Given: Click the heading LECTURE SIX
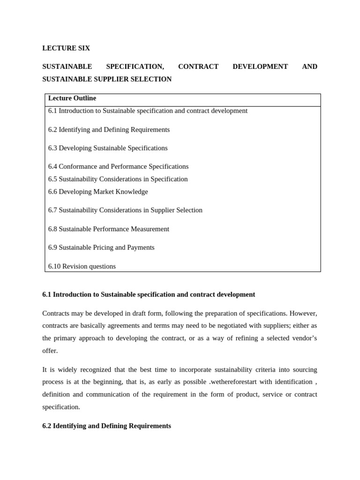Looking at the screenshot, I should [x=66, y=48].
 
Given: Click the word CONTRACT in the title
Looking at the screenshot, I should [x=198, y=67].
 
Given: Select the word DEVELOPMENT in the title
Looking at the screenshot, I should [x=260, y=67].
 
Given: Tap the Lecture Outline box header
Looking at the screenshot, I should [x=72, y=98].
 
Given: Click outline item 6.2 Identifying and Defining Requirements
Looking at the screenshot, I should [x=109, y=129].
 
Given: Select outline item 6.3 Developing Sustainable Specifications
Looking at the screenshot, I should [x=108, y=148].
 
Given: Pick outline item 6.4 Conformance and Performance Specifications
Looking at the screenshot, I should [x=118, y=166].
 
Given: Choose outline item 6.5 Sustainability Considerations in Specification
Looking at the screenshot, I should [x=118, y=179].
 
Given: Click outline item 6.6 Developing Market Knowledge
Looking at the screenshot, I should [x=98, y=192].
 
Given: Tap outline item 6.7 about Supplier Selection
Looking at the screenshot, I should [x=125, y=210].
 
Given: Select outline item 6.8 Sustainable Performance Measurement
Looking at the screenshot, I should [x=109, y=229].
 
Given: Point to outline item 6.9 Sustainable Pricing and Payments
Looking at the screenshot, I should [x=101, y=247].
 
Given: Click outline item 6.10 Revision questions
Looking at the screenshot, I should [x=82, y=266].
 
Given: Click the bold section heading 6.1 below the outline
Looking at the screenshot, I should [x=149, y=294].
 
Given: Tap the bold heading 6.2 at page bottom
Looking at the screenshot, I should [x=106, y=426].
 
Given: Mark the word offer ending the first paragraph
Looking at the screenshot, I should [x=50, y=351].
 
